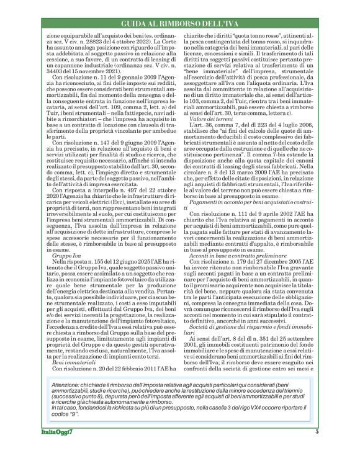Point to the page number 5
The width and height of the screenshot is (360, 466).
tap(317, 449)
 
